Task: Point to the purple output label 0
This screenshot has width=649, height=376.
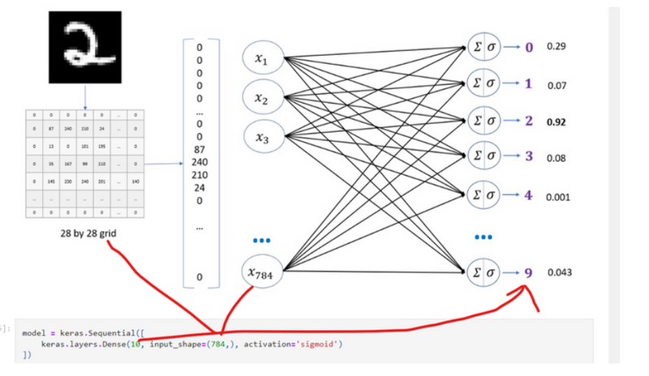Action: (529, 47)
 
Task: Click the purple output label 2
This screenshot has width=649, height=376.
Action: (529, 122)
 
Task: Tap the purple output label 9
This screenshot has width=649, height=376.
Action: (529, 273)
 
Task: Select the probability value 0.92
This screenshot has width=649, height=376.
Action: (557, 122)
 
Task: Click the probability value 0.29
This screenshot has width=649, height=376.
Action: (557, 46)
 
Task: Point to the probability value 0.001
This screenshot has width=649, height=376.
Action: (559, 197)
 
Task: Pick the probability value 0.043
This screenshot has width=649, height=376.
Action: (560, 272)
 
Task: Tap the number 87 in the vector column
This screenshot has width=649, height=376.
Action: (200, 150)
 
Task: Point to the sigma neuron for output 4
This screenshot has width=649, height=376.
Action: (485, 196)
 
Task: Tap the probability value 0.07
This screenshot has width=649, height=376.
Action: (557, 84)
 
